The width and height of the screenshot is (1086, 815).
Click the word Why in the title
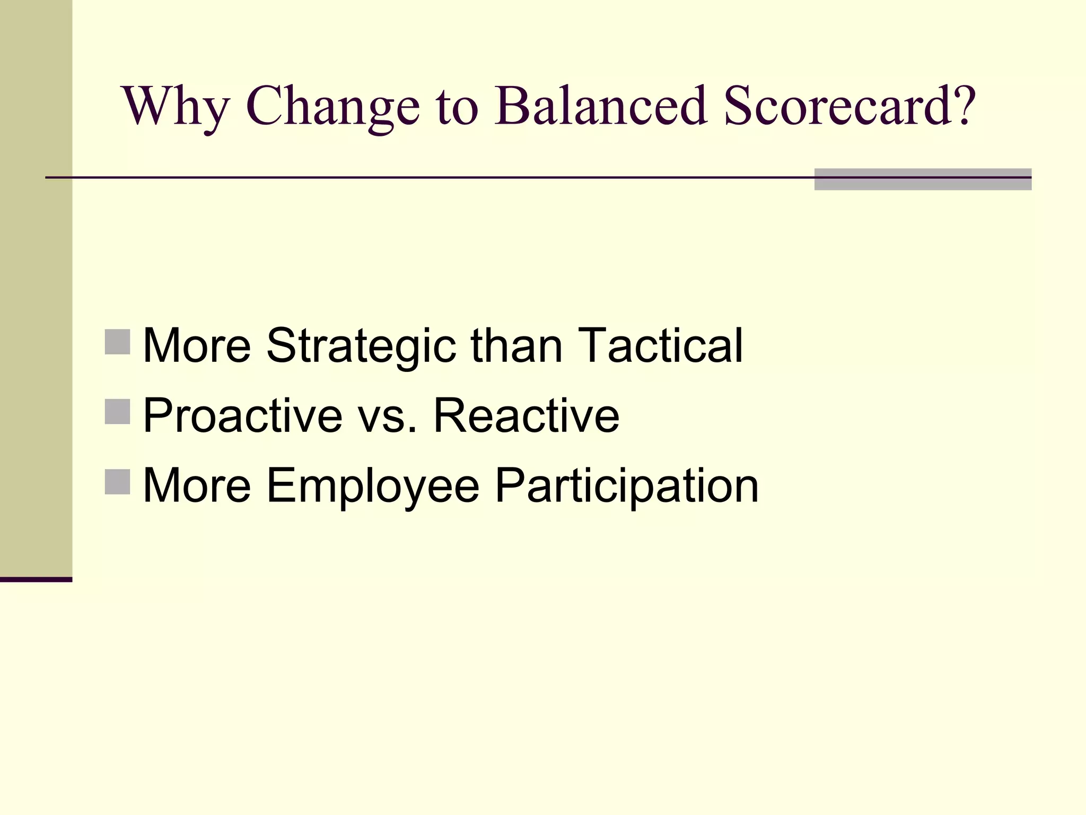pos(176,106)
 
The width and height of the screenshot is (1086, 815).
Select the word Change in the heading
pos(332,106)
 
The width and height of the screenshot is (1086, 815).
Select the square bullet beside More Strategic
pos(118,342)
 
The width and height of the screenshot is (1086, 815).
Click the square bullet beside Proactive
pos(118,412)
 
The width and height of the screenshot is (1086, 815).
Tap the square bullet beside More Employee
pos(118,482)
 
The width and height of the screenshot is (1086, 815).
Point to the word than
pos(516,345)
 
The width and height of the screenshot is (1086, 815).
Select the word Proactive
pos(243,415)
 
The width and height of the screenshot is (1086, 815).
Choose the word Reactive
pos(526,415)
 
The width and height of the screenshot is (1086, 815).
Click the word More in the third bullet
pos(197,485)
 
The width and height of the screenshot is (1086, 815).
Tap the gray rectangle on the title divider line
pos(923,179)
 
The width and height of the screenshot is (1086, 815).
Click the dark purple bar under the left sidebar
pos(36,579)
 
